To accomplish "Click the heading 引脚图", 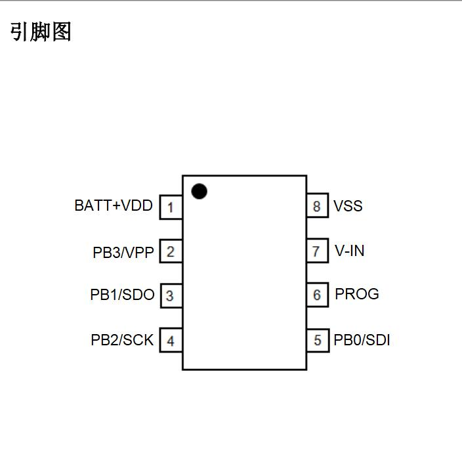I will (x=41, y=32).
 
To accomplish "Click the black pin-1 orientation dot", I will (x=199, y=191).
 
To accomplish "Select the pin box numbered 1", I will (x=171, y=207).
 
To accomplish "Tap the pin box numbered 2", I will (x=171, y=251).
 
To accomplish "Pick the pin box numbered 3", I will (x=171, y=295).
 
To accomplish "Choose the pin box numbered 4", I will (x=171, y=341).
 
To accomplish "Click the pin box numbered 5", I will (x=318, y=340).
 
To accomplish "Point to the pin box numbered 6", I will (x=318, y=295).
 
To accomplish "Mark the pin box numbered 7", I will (x=318, y=251).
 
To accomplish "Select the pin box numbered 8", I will (x=318, y=207).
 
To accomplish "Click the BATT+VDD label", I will (x=114, y=206).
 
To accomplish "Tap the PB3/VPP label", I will (x=123, y=252).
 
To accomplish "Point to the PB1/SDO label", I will (x=122, y=295).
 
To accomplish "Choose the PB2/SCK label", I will (x=122, y=340).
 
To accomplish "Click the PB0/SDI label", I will (x=362, y=340).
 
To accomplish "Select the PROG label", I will (x=357, y=294).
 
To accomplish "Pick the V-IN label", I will (x=350, y=251).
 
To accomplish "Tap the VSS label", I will (x=348, y=206).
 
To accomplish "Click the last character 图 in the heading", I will (x=61, y=32).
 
